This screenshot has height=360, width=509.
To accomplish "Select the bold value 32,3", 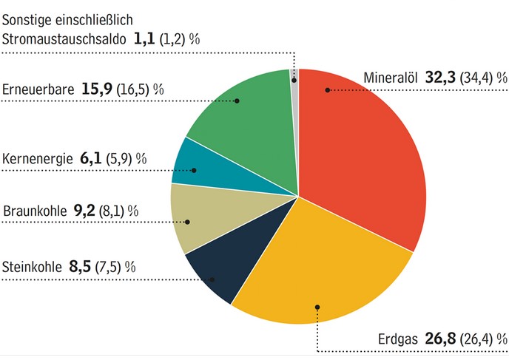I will pos(439,78).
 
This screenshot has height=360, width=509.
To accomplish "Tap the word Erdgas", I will pos(400,340).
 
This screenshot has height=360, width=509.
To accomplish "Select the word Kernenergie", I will pos(37,159).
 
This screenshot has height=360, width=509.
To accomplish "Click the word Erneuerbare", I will pos(38,90).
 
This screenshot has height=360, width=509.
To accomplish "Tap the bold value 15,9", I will pos(95,90).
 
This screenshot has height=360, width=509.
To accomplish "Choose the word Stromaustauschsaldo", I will pos(64,39).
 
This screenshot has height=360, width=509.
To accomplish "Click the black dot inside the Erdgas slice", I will pos(317,306).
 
